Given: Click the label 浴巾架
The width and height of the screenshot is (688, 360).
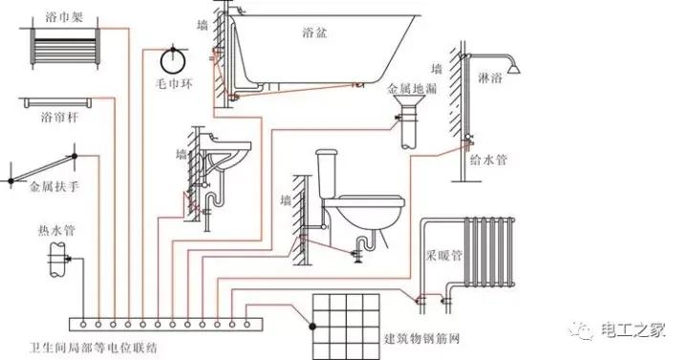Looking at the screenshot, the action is coord(64,16).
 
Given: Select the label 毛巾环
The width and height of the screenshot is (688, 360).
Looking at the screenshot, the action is coord(174,83).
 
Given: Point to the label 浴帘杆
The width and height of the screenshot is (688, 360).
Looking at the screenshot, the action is coord(59,117).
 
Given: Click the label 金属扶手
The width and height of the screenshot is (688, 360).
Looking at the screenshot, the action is coord(54,187).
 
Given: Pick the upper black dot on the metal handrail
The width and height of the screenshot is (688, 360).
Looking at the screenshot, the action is coord(75,156).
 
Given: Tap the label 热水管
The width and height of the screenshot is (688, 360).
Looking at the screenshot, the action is coord(56,230).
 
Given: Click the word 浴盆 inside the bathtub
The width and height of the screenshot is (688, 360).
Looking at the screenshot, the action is coord(314,32).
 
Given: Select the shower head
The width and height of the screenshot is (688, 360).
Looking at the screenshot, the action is coord(513,69).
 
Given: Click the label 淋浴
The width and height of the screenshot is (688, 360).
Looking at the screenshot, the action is coord(489,78).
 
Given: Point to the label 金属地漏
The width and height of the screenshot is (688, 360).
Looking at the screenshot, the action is coord(412,89).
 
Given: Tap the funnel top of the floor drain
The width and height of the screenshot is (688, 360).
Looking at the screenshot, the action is coord(409,102).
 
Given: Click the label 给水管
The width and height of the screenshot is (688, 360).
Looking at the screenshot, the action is coord(488,160).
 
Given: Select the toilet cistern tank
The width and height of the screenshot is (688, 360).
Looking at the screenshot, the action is coord(327,173).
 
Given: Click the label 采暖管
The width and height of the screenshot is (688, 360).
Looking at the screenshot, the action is coord(444,256).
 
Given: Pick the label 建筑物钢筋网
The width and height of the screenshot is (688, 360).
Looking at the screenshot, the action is coord(421,339).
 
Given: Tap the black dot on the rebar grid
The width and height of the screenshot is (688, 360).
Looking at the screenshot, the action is coord(312,327).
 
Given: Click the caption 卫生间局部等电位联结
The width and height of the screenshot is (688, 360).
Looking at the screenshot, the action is coord(93,349).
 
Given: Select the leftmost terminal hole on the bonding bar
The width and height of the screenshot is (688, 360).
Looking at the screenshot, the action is coord(83,325).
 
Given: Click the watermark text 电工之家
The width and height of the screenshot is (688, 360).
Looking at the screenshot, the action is coord(634,329).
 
